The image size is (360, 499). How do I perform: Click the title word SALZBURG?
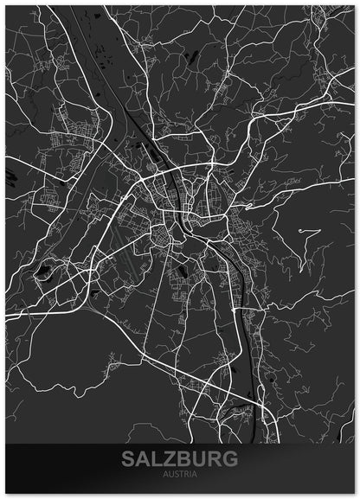tap(179, 459)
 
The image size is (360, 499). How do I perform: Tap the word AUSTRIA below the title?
tap(179, 474)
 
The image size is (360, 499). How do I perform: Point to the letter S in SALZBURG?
tap(130, 459)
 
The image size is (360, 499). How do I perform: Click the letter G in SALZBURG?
tap(228, 459)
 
